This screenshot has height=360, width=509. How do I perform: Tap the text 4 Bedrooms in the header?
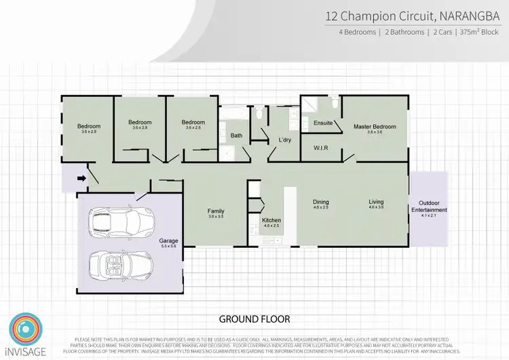pyautogui.click(x=358, y=32)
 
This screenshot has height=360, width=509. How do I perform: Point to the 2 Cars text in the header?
pyautogui.click(x=444, y=32)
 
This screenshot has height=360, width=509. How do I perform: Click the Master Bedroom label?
pyautogui.click(x=374, y=127)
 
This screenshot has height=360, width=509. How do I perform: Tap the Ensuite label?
pyautogui.click(x=323, y=123)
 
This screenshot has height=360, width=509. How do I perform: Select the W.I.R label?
pyautogui.click(x=321, y=147)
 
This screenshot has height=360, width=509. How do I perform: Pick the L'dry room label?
pyautogui.click(x=285, y=141)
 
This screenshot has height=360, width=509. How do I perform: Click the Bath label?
pyautogui.click(x=236, y=136)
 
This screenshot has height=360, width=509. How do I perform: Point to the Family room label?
pyautogui.click(x=216, y=211)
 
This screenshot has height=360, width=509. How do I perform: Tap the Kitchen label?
pyautogui.click(x=271, y=221)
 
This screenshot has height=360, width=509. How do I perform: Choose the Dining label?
pyautogui.click(x=320, y=202)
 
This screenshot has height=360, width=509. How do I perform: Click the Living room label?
pyautogui.click(x=376, y=202)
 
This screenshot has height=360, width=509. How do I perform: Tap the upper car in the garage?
pyautogui.click(x=121, y=220)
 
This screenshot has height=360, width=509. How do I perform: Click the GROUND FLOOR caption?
pyautogui.click(x=254, y=318)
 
